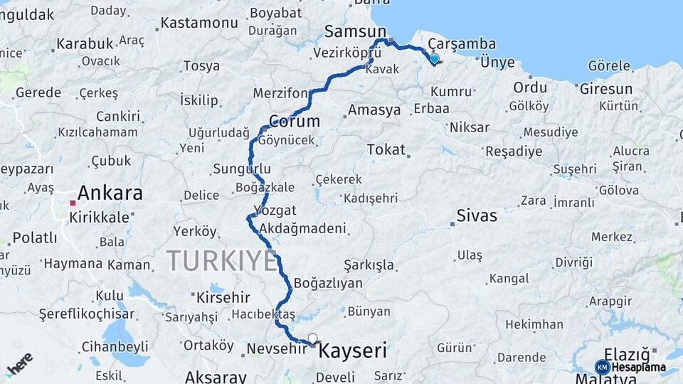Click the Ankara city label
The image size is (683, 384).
tap(110, 193)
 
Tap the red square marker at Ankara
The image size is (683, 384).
tap(73, 203)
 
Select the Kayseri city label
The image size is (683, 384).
tap(353, 351)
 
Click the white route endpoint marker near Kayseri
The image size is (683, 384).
tap(312, 338)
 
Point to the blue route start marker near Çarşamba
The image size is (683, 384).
tap(434, 59)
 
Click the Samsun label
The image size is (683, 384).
tap(355, 31)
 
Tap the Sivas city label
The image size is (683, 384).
tap(477, 215)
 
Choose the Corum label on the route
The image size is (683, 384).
tap(294, 122)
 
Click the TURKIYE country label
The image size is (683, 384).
tap(221, 261)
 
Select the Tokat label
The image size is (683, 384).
tap(386, 150)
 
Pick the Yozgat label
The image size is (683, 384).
tap(275, 210)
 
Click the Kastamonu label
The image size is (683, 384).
tap(199, 23)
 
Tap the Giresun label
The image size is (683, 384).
tap(605, 89)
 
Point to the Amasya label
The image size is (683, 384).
tap(374, 110)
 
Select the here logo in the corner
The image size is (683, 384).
tap(19, 363)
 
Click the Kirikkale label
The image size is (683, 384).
tap(99, 217)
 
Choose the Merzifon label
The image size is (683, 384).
tap(280, 94)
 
